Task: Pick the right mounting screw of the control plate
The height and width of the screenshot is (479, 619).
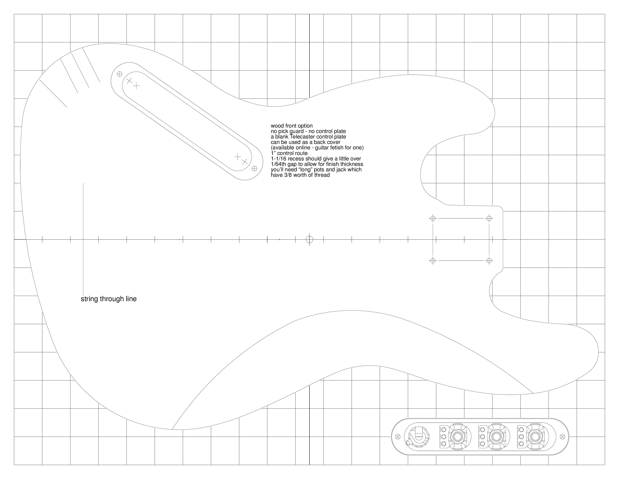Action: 562,436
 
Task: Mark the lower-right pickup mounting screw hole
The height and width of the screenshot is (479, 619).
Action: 254,168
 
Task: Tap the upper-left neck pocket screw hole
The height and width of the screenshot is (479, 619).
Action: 433,218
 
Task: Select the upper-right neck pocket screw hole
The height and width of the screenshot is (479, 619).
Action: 489,218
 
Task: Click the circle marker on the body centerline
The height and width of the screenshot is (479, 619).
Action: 309,239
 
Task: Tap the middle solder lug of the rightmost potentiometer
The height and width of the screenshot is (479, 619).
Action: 521,436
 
